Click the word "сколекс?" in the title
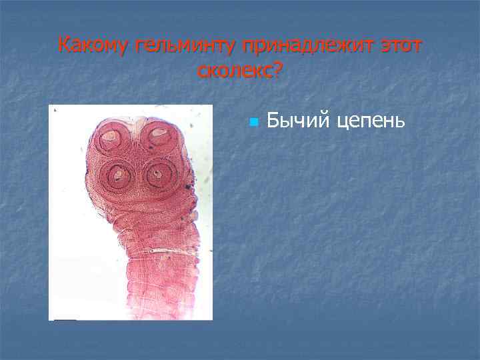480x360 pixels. (240, 71)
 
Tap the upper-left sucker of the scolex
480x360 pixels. (111, 139)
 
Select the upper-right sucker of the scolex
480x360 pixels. (159, 136)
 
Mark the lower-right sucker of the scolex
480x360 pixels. (157, 175)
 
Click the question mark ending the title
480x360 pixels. (277, 71)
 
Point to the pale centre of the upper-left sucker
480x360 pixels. (112, 139)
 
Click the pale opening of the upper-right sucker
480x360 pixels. (159, 133)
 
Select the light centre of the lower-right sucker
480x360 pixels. (157, 175)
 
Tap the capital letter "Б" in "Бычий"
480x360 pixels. (272, 120)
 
